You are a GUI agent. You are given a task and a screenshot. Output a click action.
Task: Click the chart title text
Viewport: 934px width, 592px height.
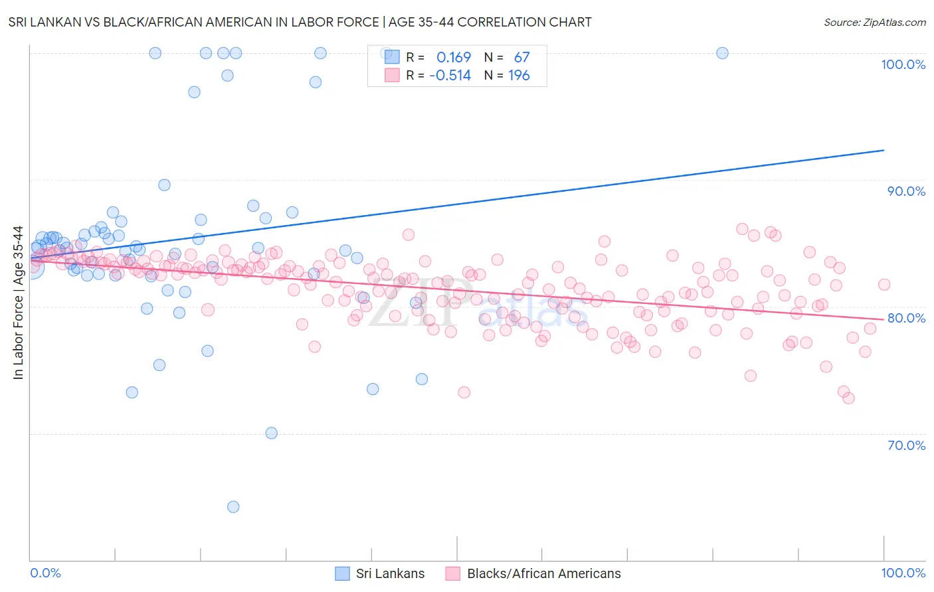click(x=300, y=22)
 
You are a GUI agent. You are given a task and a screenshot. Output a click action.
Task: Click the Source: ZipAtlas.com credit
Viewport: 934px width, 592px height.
click(x=874, y=22)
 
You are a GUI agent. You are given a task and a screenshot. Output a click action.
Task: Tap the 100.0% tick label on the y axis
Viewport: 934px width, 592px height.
click(x=903, y=64)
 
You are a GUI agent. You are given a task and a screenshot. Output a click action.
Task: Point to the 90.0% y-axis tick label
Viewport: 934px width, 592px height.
click(x=906, y=191)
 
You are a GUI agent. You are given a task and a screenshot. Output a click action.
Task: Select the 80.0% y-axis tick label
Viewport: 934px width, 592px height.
click(x=906, y=318)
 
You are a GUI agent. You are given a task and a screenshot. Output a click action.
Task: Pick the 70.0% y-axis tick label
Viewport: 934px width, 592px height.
click(x=906, y=445)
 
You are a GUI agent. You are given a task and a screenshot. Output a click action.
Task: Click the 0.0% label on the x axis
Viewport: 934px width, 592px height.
click(x=45, y=573)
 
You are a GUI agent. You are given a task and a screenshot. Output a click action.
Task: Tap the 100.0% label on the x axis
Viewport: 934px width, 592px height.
click(x=903, y=573)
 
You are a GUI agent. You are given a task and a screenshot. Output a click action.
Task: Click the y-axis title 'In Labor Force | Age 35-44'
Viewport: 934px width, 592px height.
click(x=18, y=303)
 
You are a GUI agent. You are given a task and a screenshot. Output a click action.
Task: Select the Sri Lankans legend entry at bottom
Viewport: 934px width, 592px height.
click(x=379, y=573)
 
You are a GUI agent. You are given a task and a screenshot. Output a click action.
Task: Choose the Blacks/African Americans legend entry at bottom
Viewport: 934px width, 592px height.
click(x=535, y=573)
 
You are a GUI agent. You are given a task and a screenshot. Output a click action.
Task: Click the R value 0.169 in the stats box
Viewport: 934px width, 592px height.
click(x=453, y=58)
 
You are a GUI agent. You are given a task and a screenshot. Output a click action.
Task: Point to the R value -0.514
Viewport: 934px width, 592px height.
click(x=450, y=76)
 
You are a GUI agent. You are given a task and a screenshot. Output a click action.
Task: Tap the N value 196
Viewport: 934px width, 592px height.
click(x=519, y=76)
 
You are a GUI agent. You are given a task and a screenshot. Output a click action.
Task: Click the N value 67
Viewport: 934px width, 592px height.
click(x=521, y=58)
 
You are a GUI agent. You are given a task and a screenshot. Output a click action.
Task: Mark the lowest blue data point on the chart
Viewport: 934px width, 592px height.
click(x=233, y=507)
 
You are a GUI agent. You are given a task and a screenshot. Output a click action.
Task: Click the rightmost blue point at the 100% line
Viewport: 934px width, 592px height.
click(x=722, y=53)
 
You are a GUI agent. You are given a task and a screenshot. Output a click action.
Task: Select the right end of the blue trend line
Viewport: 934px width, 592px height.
click(x=884, y=150)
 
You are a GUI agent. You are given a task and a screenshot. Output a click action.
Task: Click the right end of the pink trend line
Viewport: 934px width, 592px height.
click(x=884, y=319)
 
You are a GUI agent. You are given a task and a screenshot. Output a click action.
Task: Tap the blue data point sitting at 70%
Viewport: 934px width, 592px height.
click(x=271, y=433)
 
